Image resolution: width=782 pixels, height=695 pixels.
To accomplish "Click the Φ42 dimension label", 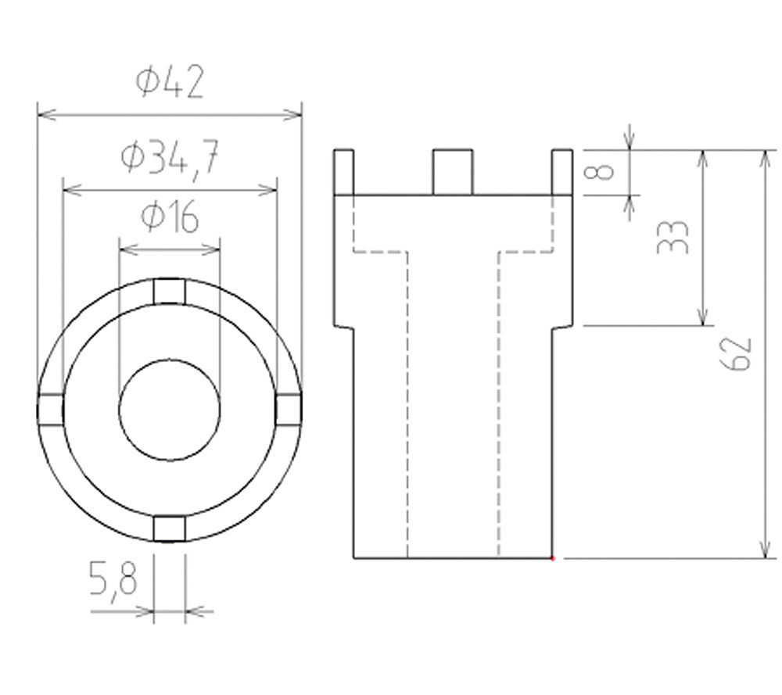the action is pyautogui.click(x=170, y=82).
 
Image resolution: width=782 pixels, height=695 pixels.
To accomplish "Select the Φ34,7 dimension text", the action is pyautogui.click(x=170, y=158).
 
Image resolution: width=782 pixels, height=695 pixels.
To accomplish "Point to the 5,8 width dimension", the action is pyautogui.click(x=113, y=579).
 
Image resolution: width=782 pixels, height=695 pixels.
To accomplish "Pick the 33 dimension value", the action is pyautogui.click(x=673, y=237).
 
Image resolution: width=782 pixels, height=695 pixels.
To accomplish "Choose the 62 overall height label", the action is pyautogui.click(x=737, y=353).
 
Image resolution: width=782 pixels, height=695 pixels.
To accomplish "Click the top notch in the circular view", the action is pyautogui.click(x=170, y=291).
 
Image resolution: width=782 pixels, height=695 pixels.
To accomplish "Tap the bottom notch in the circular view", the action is pyautogui.click(x=170, y=529).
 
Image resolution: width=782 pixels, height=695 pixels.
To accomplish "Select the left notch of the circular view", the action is pyautogui.click(x=51, y=410).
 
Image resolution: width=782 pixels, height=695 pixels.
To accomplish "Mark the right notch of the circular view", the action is pyautogui.click(x=289, y=410).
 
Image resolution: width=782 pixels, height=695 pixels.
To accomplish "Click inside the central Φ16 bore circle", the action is pyautogui.click(x=170, y=410).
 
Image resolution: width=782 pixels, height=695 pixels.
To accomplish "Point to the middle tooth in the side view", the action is pyautogui.click(x=453, y=172).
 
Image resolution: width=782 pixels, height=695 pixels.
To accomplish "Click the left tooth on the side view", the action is pyautogui.click(x=344, y=172).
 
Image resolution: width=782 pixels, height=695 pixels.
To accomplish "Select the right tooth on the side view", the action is pyautogui.click(x=562, y=172).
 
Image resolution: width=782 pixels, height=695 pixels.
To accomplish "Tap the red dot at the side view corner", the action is pyautogui.click(x=553, y=558).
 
